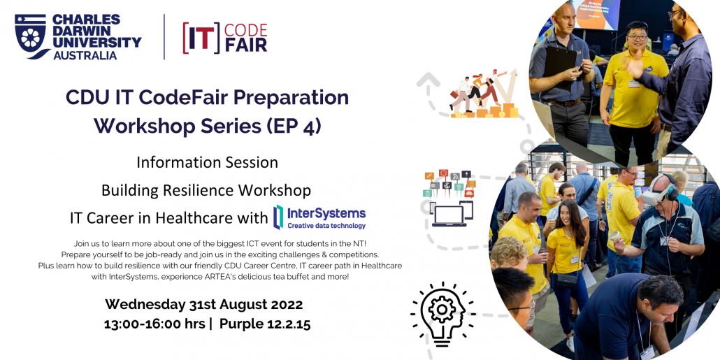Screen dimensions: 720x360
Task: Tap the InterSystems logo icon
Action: click(278, 217)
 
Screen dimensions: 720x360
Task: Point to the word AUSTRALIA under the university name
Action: click(85, 55)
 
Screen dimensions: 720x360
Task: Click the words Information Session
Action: click(207, 163)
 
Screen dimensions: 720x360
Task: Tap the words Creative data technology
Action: click(326, 226)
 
